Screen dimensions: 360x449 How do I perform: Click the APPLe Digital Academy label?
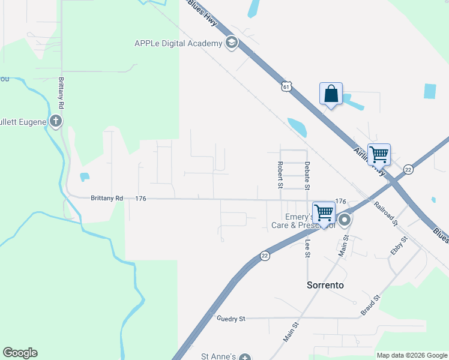[178, 43]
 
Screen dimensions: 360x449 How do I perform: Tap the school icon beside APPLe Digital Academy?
[231, 43]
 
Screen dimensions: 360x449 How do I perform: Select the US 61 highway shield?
[286, 88]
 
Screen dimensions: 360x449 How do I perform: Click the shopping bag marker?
[331, 94]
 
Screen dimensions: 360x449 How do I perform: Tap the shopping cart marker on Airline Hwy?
[379, 155]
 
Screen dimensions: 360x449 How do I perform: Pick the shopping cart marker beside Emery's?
[324, 212]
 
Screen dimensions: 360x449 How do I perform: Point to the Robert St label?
[280, 175]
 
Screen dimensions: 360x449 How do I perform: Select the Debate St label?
[307, 175]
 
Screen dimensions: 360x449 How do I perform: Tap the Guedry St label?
[231, 319]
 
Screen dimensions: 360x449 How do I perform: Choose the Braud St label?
[370, 305]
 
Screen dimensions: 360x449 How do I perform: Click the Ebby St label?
[399, 246]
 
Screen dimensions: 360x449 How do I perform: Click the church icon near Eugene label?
[56, 122]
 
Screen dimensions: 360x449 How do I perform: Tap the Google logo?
[20, 353]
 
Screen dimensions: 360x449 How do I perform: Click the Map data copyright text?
[412, 355]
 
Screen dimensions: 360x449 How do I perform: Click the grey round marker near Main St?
[345, 221]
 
